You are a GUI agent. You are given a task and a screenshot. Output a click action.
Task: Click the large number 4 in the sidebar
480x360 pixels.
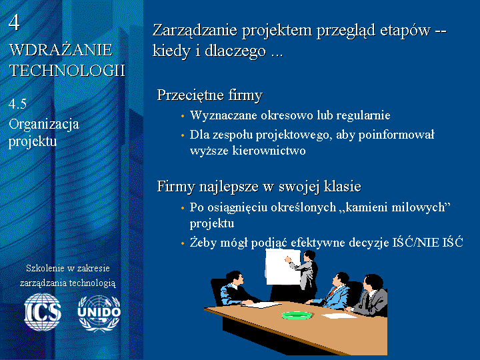pyautogui.click(x=14, y=23)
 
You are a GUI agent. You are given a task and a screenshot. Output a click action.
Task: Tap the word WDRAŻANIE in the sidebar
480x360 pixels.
pyautogui.click(x=61, y=50)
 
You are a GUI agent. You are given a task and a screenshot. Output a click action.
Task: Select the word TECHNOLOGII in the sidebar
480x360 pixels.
pyautogui.click(x=67, y=70)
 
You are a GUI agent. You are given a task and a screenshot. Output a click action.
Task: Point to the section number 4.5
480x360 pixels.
pyautogui.click(x=17, y=104)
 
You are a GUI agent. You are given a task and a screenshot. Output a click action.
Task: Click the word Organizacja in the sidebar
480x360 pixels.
pyautogui.click(x=44, y=125)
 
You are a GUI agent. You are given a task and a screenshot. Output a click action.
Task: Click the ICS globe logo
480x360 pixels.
pyautogui.click(x=43, y=312)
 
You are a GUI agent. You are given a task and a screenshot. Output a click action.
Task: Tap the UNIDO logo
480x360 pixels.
pyautogui.click(x=99, y=313)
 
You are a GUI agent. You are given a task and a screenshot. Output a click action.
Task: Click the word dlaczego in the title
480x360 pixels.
pyautogui.click(x=235, y=51)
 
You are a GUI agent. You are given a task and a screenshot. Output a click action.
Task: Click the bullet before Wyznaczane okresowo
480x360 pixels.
pyautogui.click(x=183, y=116)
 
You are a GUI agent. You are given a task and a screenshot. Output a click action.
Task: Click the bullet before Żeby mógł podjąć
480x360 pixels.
pyautogui.click(x=183, y=244)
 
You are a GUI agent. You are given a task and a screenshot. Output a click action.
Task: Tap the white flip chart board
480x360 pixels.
pyautogui.click(x=282, y=267)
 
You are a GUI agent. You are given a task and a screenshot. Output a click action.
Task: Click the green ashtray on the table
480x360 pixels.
pyautogui.click(x=297, y=315)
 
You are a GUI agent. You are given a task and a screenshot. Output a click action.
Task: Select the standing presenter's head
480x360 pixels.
pyautogui.click(x=309, y=255)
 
